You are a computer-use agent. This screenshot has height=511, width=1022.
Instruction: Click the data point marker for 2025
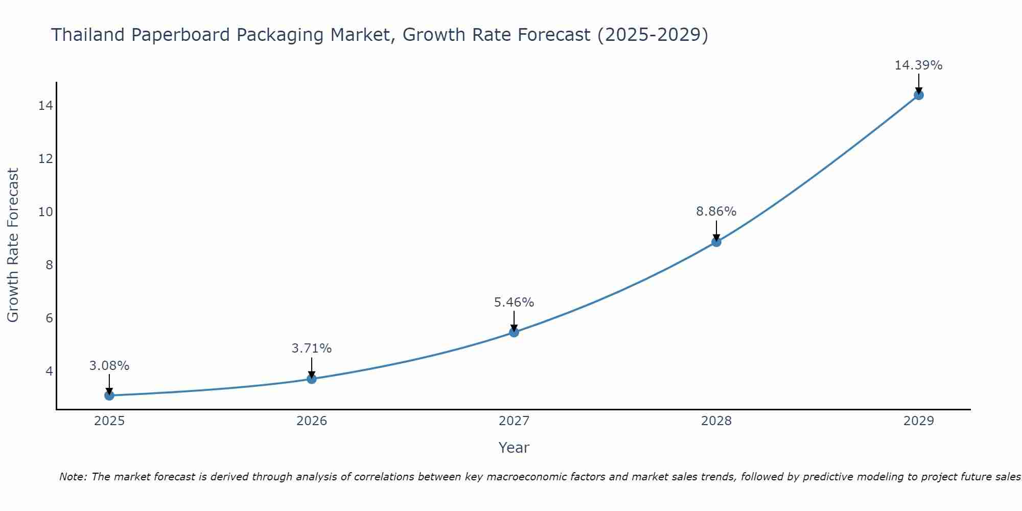point(109,396)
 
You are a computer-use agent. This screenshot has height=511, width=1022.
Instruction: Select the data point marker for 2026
point(312,379)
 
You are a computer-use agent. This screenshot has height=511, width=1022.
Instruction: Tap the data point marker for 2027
point(514,333)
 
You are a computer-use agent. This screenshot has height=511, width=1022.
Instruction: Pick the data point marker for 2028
point(716,242)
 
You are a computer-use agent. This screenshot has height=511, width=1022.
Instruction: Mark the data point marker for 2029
point(918,95)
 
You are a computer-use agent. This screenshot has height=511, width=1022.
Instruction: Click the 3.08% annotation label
point(109,366)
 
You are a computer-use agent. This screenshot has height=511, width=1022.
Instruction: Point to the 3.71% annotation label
point(312,349)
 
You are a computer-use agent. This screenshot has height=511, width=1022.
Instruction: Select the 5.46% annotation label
point(514,303)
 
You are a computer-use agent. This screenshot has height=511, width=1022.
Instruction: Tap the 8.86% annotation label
point(716,212)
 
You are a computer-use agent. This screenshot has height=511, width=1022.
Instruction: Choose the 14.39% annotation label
point(918,65)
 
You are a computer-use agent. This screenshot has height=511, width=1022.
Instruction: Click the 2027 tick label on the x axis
point(514,421)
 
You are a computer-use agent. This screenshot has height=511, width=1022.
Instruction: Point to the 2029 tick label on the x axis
point(918,421)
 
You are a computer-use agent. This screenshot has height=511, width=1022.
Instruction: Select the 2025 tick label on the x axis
point(109,421)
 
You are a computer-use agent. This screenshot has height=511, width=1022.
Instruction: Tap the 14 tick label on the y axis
point(45,106)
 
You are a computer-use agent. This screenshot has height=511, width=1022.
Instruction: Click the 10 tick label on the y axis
point(45,212)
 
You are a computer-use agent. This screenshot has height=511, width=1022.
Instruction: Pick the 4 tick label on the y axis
point(49,371)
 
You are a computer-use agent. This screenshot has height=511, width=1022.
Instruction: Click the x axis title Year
point(514,448)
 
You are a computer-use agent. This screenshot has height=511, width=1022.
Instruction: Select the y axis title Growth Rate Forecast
point(13,245)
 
